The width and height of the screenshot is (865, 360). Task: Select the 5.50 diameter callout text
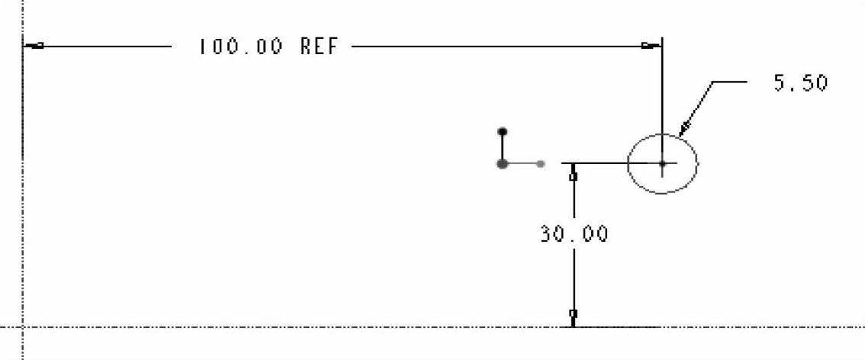coord(800,82)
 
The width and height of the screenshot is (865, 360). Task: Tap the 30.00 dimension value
coord(574,233)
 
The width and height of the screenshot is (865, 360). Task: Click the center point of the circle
coord(662,163)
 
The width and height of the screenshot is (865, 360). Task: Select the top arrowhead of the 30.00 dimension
coord(574,175)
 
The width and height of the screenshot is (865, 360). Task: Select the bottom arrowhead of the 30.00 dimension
coord(574,314)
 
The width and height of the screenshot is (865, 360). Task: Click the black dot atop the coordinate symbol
coord(502,131)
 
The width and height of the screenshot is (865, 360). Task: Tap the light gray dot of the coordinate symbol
coord(540,163)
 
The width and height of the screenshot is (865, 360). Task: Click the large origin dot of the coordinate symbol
coord(502,163)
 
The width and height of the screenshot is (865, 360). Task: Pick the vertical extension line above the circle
coord(662,92)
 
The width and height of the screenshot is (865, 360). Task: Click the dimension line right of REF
coord(496,47)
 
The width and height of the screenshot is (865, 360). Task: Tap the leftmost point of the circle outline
coord(628,163)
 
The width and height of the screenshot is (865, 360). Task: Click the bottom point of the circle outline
coord(662,193)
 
